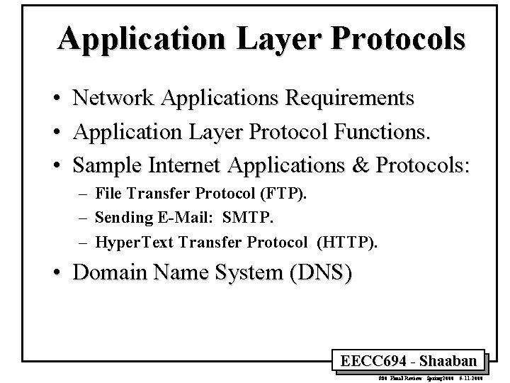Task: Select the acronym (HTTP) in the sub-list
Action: [x=349, y=243]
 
